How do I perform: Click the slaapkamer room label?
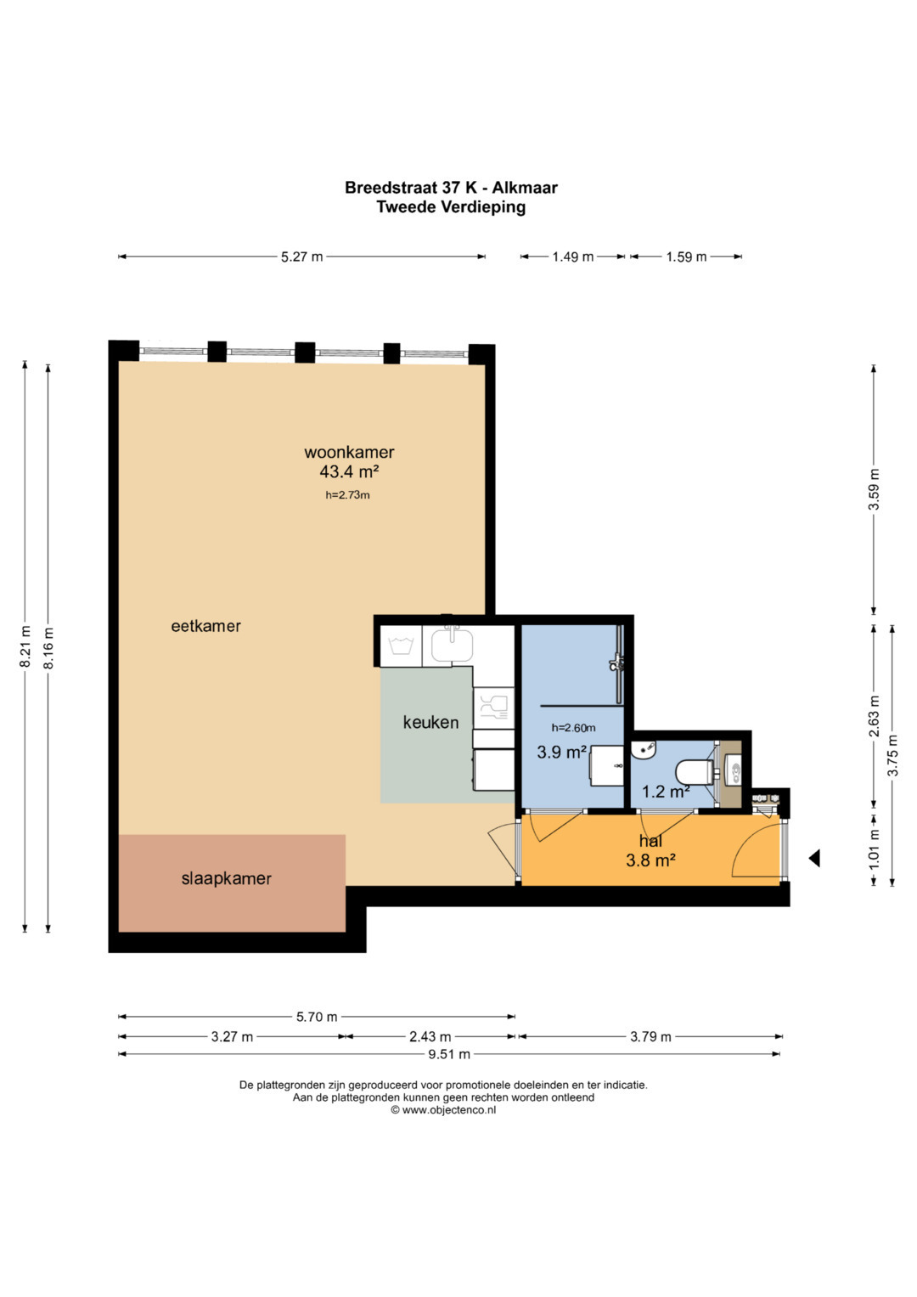227,878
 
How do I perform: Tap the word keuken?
430,722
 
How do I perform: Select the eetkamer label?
205,626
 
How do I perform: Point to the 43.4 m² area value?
349,472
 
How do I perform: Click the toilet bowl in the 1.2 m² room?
694,771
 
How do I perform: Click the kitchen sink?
452,645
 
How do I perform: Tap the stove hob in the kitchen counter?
494,707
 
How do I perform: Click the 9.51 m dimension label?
449,1054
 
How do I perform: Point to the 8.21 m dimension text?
25,646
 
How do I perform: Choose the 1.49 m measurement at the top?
572,257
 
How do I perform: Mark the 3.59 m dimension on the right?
874,489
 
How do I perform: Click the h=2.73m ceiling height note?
347,495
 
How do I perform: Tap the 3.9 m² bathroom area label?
561,753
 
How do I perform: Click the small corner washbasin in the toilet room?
644,749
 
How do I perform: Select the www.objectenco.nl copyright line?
443,1110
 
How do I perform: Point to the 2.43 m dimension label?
430,1036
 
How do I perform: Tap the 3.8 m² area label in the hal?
650,860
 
